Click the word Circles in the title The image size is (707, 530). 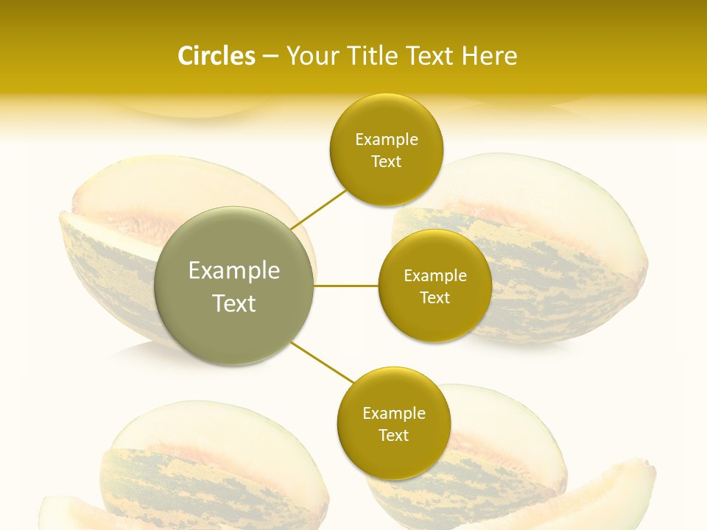216,56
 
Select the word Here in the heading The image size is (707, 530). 490,56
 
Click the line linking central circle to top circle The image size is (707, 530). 318,209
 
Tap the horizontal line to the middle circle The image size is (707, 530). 346,286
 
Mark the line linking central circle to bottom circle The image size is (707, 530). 323,362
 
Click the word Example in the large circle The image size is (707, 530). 234,271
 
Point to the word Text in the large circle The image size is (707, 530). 234,303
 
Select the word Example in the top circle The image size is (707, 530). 387,140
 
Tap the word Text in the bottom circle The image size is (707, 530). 393,436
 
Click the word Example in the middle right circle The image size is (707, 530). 435,276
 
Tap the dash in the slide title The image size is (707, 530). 270,57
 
